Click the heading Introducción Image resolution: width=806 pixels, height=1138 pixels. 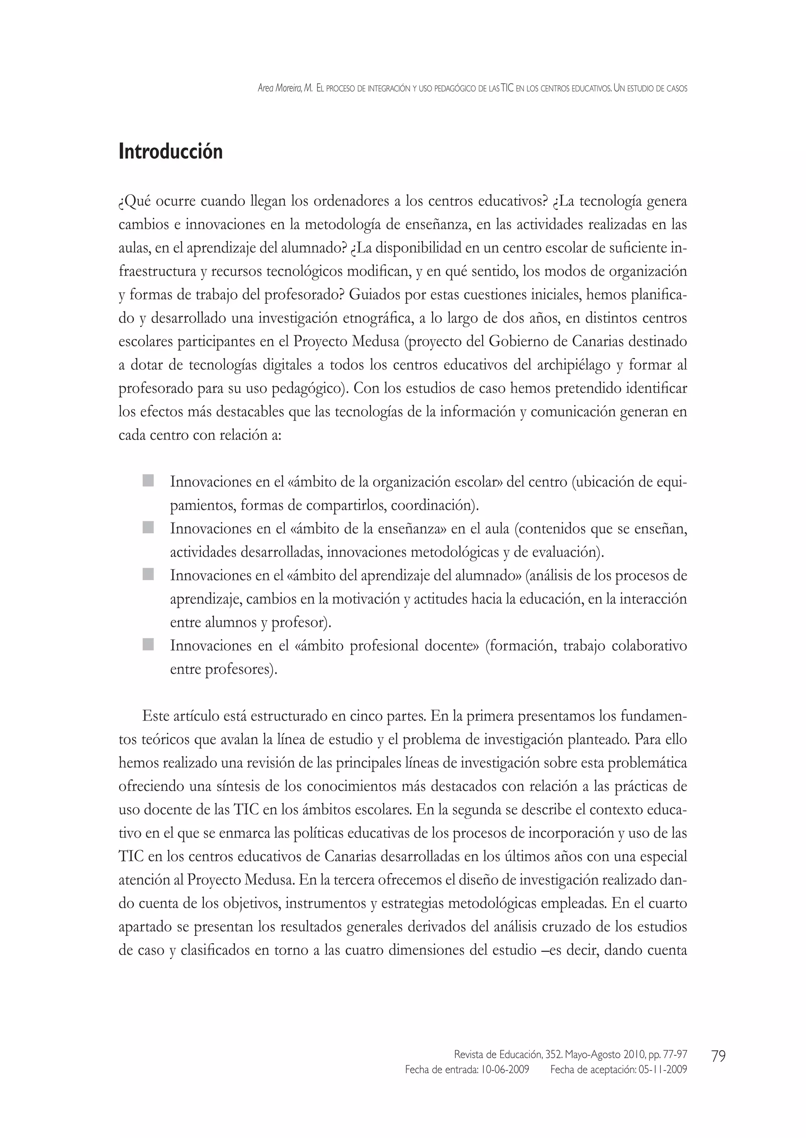(x=170, y=151)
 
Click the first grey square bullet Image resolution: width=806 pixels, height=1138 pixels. (x=148, y=480)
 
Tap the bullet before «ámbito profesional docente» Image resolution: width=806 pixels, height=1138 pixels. (x=148, y=644)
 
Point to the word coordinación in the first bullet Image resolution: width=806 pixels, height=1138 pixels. (x=433, y=506)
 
